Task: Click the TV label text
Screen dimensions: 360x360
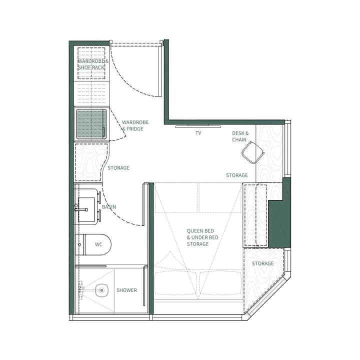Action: (x=198, y=133)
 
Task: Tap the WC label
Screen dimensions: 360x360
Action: (x=98, y=244)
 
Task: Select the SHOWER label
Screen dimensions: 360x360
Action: (x=126, y=290)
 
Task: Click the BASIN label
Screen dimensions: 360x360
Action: (x=109, y=206)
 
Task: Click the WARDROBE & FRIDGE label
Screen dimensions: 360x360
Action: (x=135, y=125)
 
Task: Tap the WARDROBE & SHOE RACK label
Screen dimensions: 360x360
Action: (x=92, y=64)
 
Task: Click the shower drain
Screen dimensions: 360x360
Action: (x=102, y=289)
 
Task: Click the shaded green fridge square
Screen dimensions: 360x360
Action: (x=91, y=123)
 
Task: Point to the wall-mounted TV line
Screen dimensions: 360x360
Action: (x=198, y=126)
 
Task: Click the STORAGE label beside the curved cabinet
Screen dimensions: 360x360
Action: (x=118, y=168)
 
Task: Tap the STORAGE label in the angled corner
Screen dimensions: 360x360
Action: (x=262, y=263)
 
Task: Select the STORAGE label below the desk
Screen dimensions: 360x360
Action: (x=236, y=175)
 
